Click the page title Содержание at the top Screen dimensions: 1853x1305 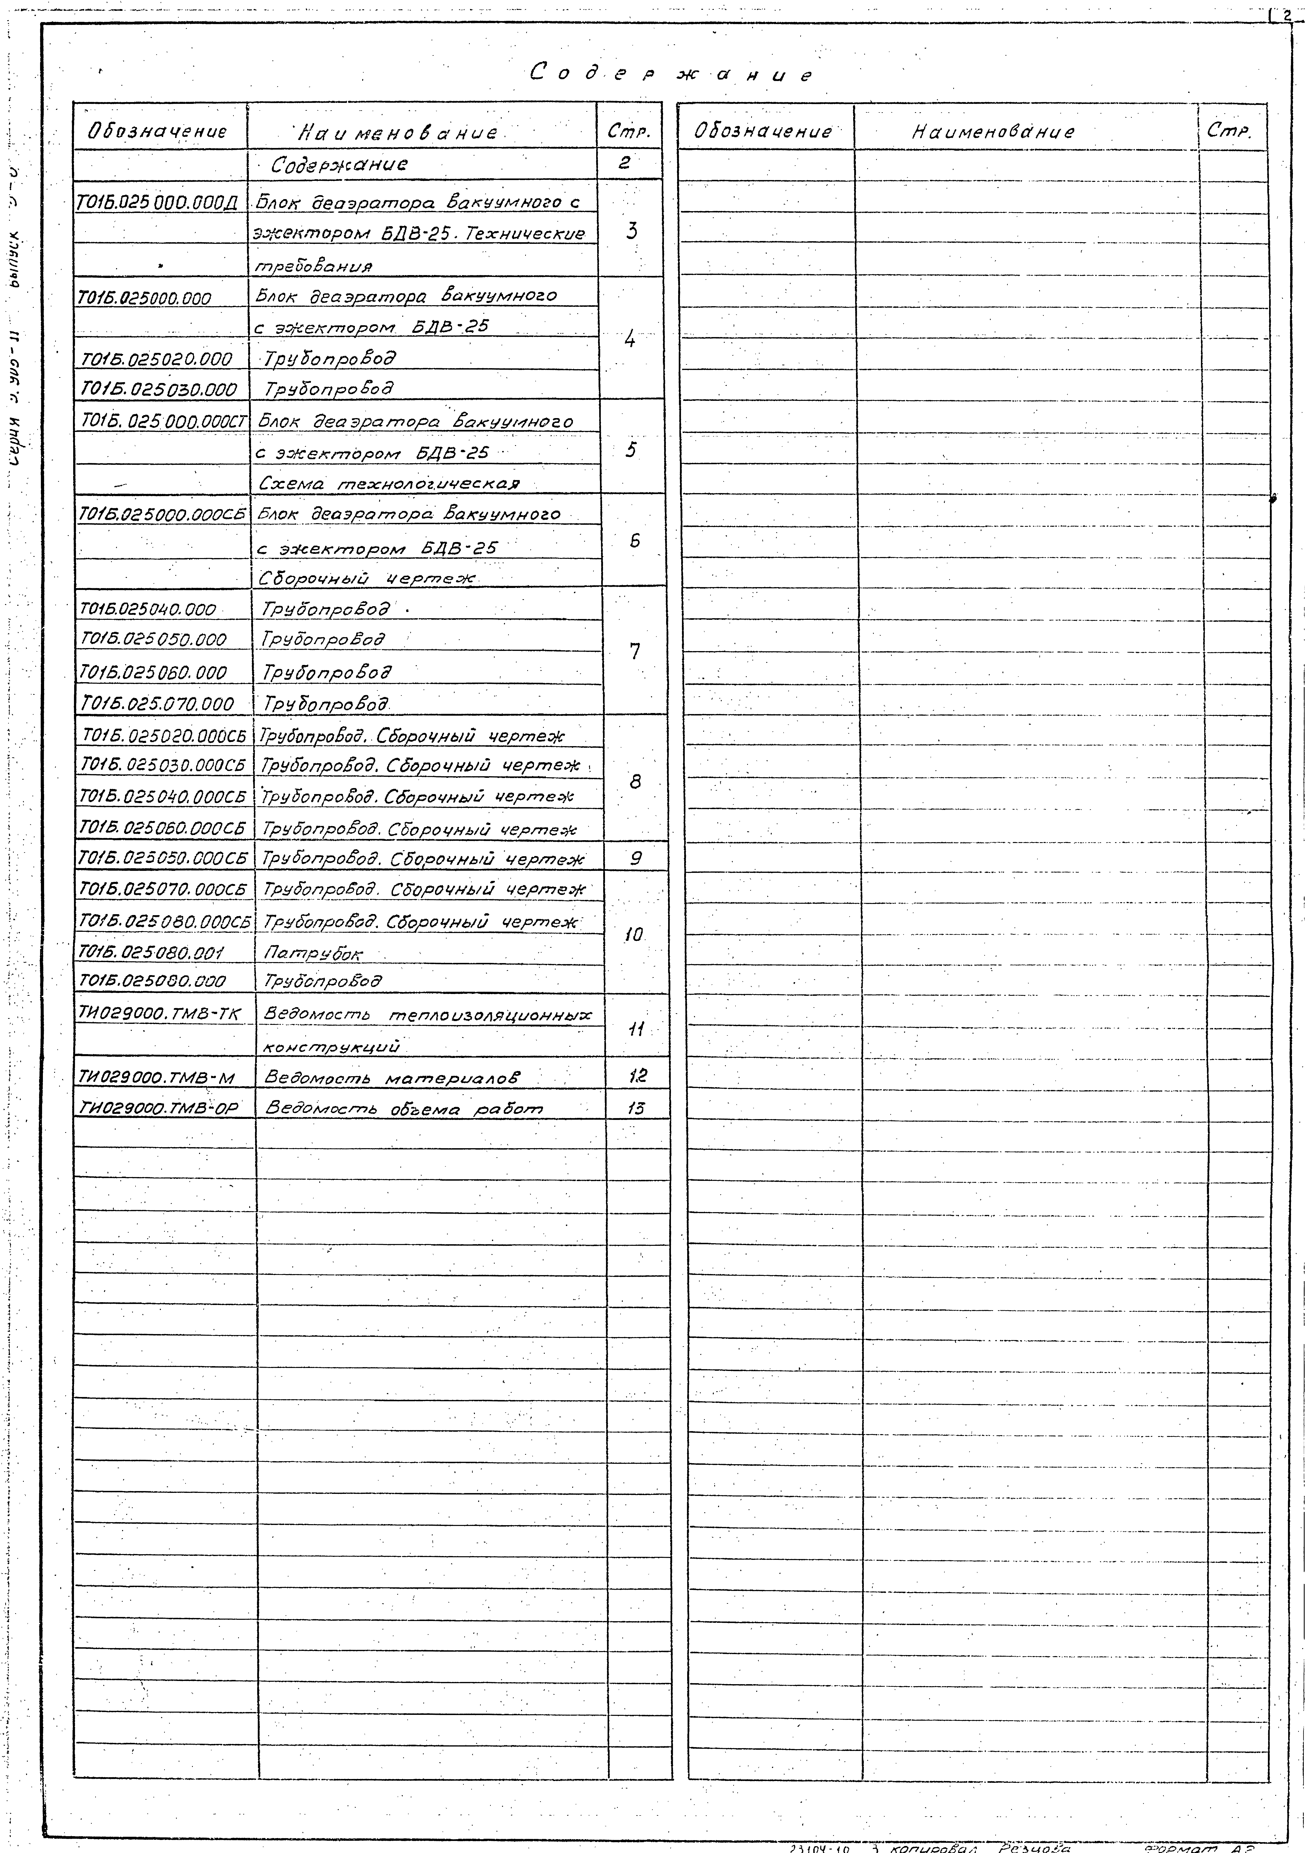672,74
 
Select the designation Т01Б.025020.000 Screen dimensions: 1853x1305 157,359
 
